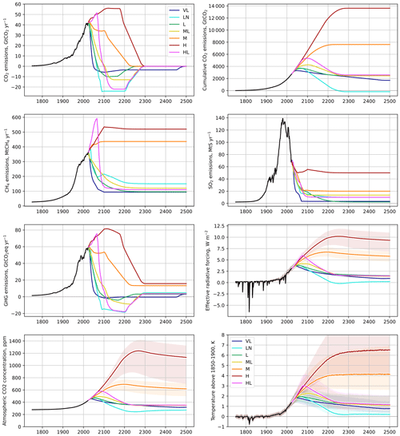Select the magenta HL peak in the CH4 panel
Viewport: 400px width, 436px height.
click(97, 119)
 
